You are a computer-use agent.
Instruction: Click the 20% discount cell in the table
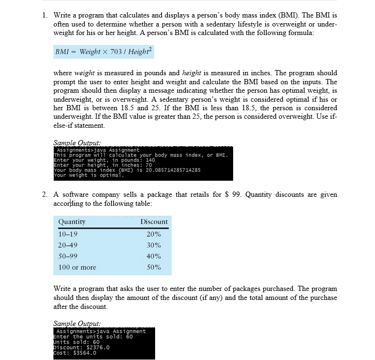click(154, 234)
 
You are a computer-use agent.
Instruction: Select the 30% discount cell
click(154, 245)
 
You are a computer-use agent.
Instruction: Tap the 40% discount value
click(154, 256)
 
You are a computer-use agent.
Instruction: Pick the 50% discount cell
click(154, 267)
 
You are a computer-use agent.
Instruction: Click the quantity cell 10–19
click(68, 234)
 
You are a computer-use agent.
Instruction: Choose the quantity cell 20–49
click(68, 245)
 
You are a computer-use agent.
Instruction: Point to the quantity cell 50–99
click(68, 256)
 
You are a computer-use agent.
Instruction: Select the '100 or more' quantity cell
click(77, 267)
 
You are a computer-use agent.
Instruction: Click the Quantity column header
click(72, 221)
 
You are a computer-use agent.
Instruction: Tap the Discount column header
click(154, 221)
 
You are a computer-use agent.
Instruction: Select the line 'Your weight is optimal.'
click(89, 175)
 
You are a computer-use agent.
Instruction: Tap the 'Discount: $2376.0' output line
click(81, 347)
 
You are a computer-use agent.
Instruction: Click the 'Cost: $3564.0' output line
click(76, 352)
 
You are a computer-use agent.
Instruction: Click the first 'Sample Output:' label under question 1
click(74, 142)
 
